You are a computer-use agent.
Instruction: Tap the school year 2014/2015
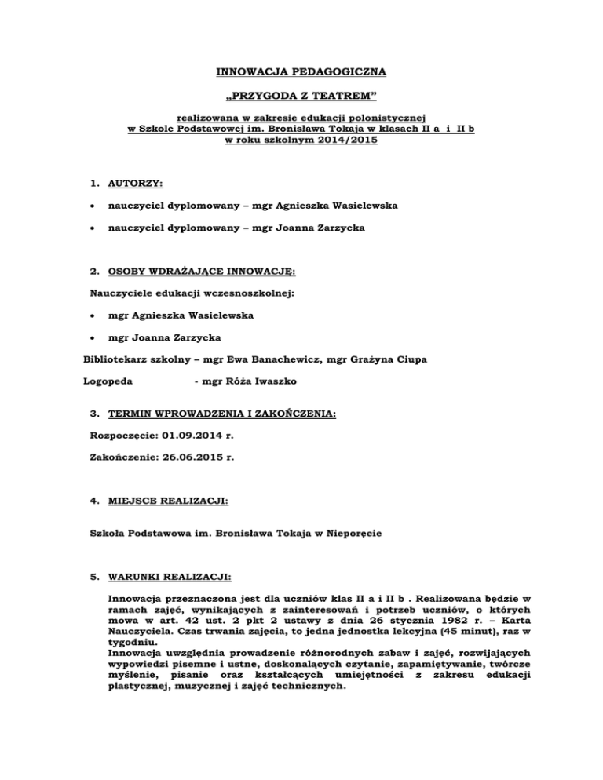tap(331, 141)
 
